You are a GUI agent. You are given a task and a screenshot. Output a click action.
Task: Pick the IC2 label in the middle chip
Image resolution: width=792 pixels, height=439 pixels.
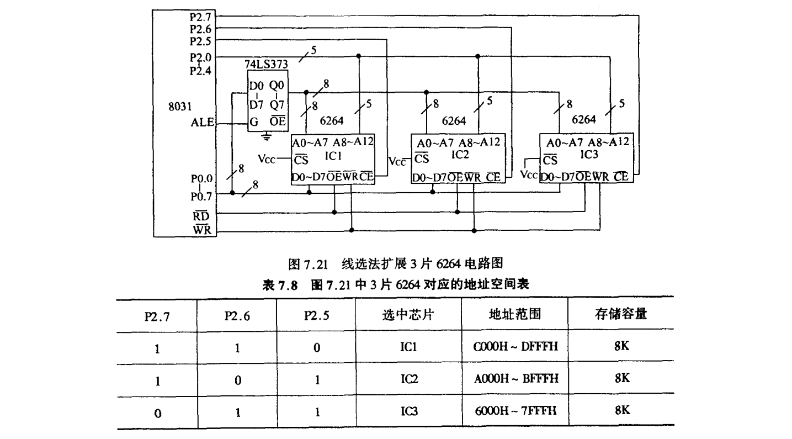pos(460,156)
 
